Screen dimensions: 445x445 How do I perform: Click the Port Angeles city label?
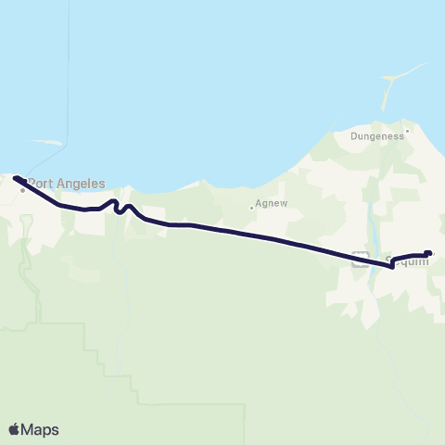tap(66, 183)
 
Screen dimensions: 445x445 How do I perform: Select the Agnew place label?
tap(268, 208)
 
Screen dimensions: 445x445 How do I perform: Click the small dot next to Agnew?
tap(251, 208)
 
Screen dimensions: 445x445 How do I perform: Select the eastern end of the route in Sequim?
tap(428, 252)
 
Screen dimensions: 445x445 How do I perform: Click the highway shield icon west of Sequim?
tap(361, 261)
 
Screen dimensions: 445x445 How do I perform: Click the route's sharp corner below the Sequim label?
tap(392, 266)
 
